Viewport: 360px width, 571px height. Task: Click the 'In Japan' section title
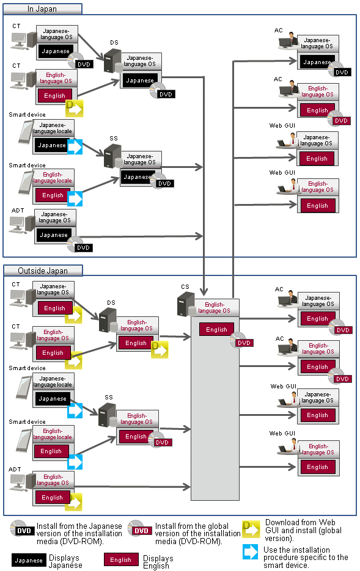42,9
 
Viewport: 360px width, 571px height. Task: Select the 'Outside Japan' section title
43,271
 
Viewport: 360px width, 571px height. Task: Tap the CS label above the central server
185,286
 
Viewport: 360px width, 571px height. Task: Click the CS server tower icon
186,304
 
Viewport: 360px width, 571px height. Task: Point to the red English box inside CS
216,329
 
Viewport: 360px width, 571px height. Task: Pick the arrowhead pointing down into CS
204,291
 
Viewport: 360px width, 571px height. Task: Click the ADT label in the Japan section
18,211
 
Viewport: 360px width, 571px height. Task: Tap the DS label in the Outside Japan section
111,303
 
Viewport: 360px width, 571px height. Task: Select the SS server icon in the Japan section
113,156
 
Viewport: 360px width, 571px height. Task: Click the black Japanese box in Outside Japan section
53,399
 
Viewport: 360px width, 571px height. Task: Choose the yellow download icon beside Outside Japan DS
160,349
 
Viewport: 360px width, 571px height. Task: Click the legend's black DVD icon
22,529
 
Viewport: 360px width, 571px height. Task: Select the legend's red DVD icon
139,529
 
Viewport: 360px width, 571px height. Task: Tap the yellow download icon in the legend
251,529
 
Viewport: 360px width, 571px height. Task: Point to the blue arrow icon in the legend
251,551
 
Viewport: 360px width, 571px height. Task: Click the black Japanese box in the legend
28,560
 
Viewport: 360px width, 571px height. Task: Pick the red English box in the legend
121,560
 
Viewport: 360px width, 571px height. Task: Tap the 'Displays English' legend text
158,562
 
